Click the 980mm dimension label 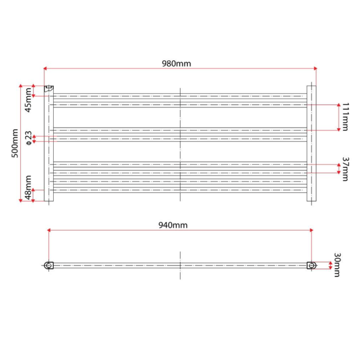pos(176,64)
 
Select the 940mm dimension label pos(173,225)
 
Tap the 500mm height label pos(15,144)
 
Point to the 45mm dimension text pos(28,100)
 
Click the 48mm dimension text pos(28,187)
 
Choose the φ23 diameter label pos(28,138)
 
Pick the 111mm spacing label pos(345,117)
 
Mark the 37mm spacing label pos(345,169)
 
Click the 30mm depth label pos(337,265)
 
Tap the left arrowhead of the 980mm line pos(45,68)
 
